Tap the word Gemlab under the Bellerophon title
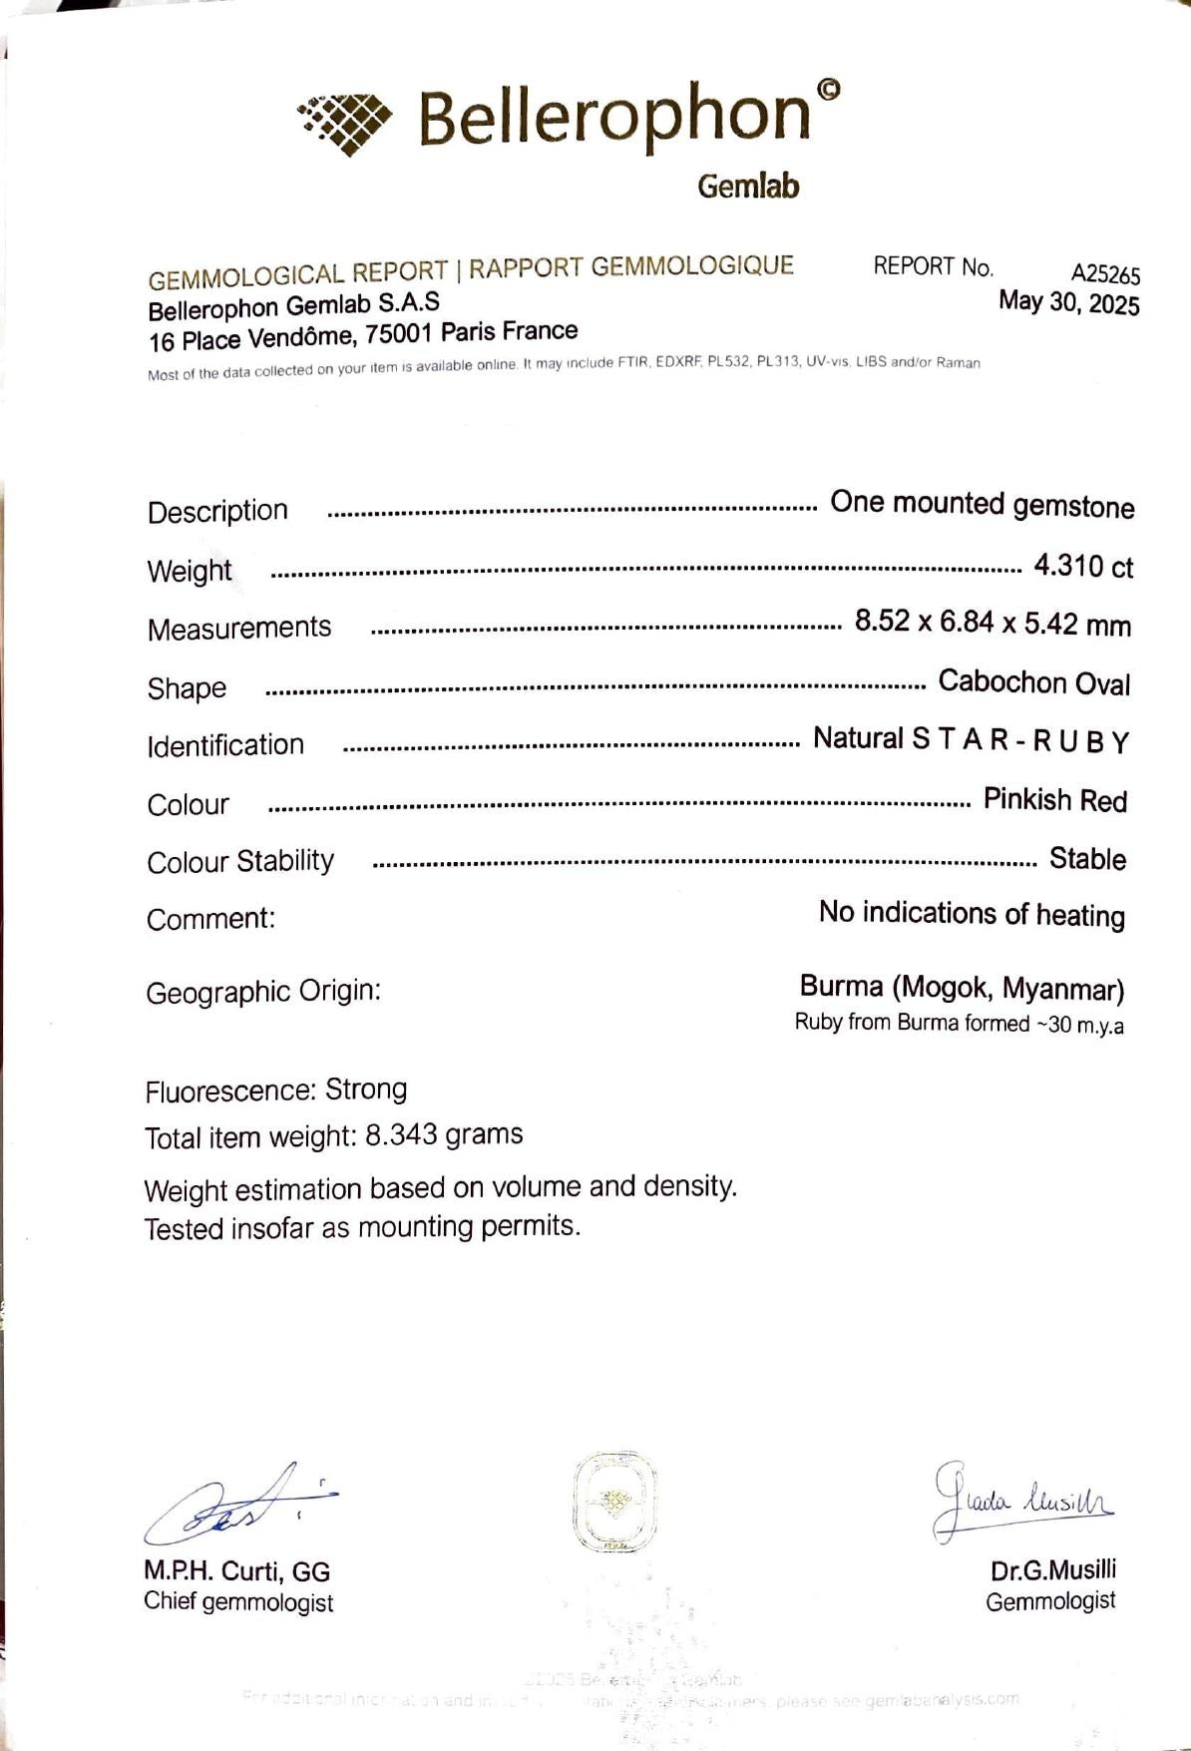[x=748, y=187]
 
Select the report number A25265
[x=1105, y=273]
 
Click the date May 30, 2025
[x=1068, y=302]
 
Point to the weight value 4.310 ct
[x=1083, y=567]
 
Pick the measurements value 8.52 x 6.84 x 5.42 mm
[x=992, y=624]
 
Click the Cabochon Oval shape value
[x=1034, y=682]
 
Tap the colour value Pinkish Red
[x=1054, y=800]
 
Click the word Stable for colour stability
[x=1087, y=859]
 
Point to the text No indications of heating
[x=972, y=914]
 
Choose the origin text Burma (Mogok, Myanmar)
[x=962, y=988]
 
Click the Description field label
[x=217, y=511]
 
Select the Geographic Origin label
[x=263, y=992]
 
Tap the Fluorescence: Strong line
[x=276, y=1090]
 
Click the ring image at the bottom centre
[x=614, y=1502]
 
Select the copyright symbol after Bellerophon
[x=828, y=91]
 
